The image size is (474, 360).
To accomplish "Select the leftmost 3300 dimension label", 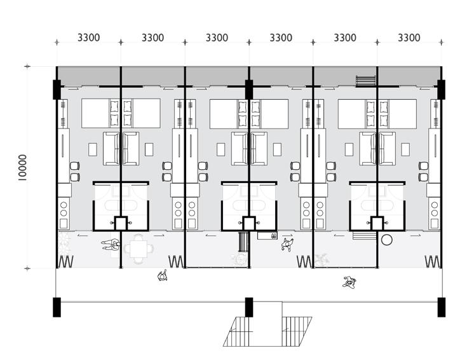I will tap(89, 38).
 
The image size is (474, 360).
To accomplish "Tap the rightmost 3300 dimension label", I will tap(409, 38).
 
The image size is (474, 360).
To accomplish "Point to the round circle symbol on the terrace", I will tap(386, 240).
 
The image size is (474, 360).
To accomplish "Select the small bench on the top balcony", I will tap(365, 81).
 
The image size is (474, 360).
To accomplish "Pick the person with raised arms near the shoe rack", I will tap(288, 244).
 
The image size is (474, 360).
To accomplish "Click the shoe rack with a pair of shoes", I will tap(267, 236).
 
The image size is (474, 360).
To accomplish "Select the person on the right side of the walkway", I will tap(349, 280).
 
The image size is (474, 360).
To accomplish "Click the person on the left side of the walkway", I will tap(163, 275).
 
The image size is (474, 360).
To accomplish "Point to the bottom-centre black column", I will tap(249, 307).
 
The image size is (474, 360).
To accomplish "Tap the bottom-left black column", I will tap(57, 307).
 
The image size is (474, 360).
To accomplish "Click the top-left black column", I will tap(57, 89).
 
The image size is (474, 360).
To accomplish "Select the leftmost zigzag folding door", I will tap(65, 261).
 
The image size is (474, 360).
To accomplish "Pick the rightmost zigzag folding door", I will tap(433, 261).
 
